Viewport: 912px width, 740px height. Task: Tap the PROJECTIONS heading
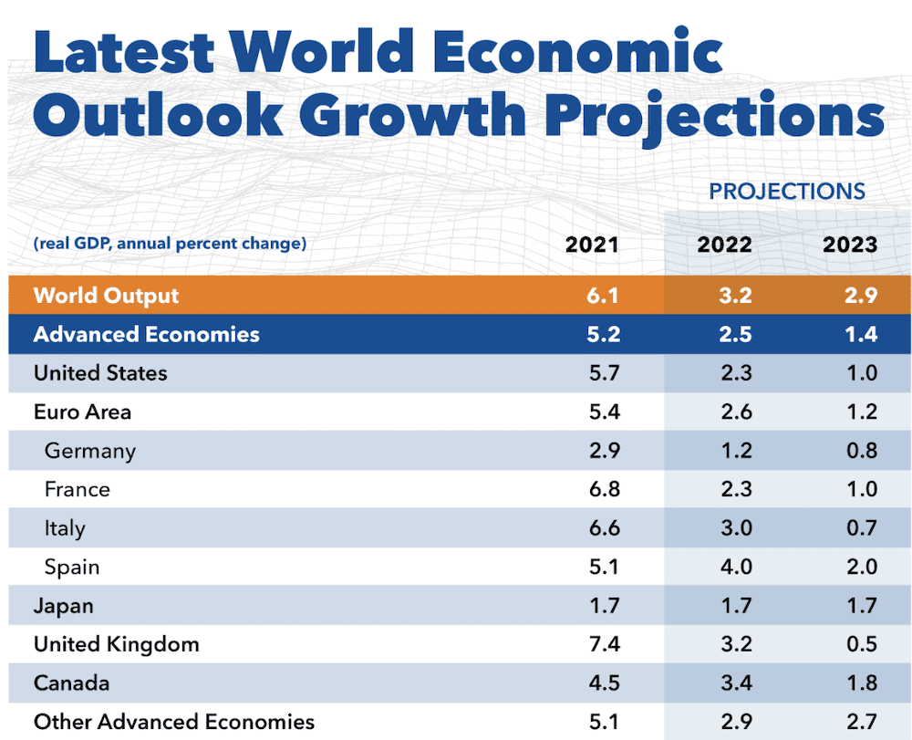click(786, 192)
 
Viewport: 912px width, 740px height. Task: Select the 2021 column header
click(592, 245)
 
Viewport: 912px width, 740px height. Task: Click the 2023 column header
click(849, 245)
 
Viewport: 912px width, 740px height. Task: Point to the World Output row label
click(106, 296)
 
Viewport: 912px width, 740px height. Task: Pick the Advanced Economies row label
click(146, 334)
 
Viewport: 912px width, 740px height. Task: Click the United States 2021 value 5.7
click(604, 373)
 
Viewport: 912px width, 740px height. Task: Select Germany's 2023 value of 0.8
click(861, 451)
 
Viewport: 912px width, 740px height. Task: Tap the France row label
click(77, 489)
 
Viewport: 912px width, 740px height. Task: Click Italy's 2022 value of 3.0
click(735, 528)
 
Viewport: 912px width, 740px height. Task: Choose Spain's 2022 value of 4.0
click(735, 567)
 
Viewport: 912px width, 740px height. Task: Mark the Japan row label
click(63, 606)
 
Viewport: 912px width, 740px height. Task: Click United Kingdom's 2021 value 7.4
click(604, 644)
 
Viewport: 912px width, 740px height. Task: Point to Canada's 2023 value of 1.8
click(861, 683)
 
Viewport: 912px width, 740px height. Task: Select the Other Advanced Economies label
click(173, 722)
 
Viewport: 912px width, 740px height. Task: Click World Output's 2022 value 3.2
click(735, 296)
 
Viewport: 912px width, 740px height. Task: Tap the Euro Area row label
click(82, 412)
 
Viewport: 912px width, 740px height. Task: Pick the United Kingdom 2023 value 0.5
click(861, 644)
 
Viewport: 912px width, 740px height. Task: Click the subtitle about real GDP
click(170, 244)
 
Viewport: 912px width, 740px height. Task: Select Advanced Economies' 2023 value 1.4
click(861, 334)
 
